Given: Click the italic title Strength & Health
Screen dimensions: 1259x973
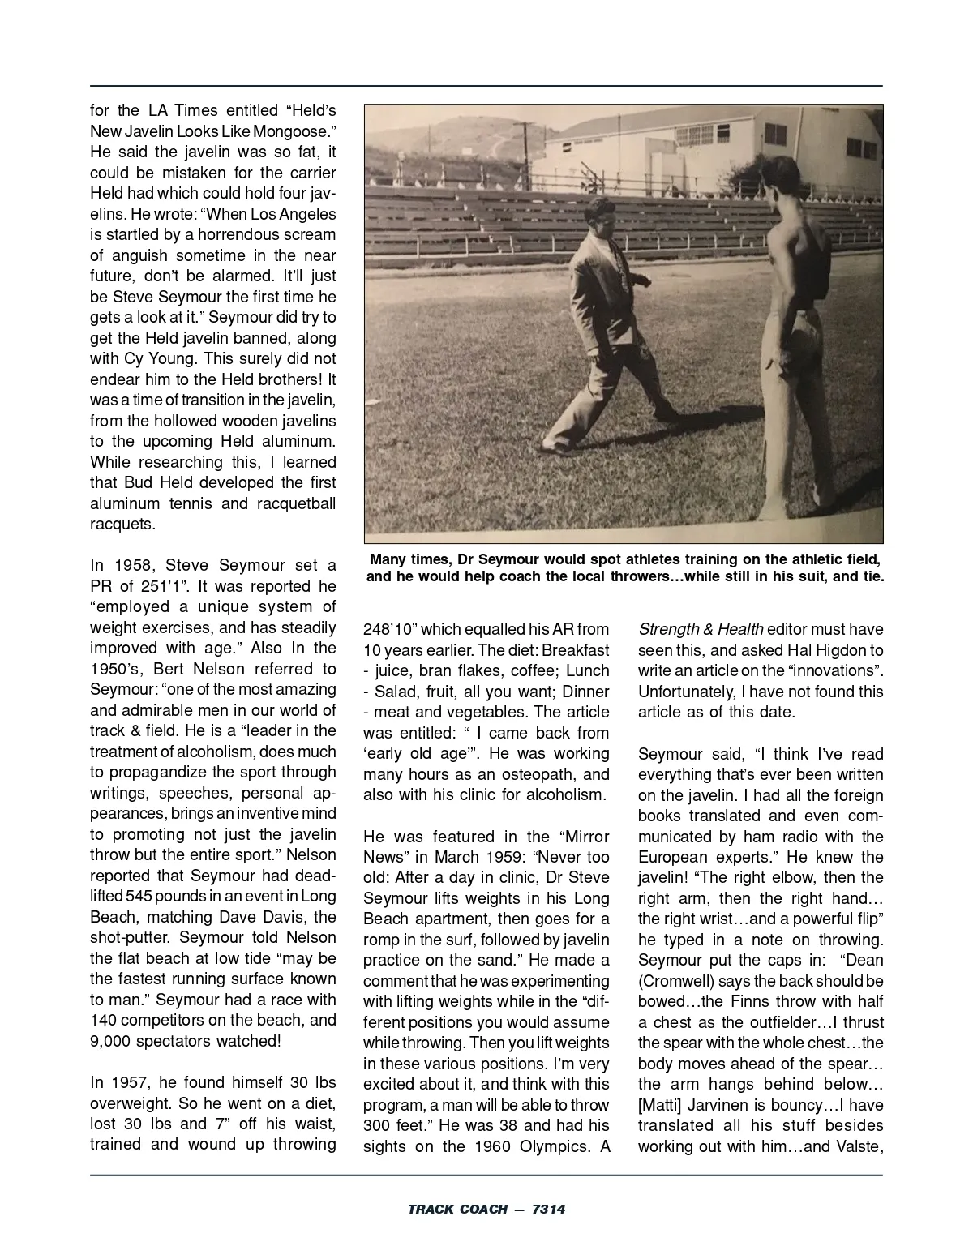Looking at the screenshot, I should pyautogui.click(x=700, y=629).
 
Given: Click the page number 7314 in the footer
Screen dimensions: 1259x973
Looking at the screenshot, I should pyautogui.click(x=548, y=1210).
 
